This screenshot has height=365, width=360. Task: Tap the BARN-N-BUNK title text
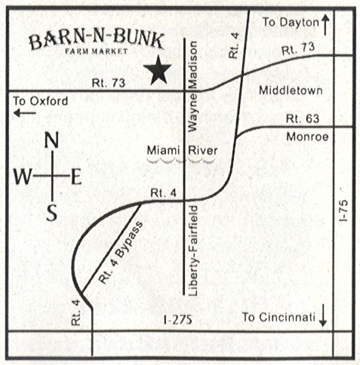96,42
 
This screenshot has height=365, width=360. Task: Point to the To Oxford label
41,101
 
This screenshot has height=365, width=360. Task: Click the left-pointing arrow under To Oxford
26,114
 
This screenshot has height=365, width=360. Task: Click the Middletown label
290,90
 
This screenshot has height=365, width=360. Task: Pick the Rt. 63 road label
302,119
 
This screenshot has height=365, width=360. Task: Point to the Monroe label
305,138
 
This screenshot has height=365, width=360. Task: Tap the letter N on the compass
51,140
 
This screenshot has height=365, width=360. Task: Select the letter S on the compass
51,213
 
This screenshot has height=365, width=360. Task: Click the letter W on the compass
23,177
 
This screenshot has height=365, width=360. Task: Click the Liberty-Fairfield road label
195,249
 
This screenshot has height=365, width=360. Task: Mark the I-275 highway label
178,321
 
